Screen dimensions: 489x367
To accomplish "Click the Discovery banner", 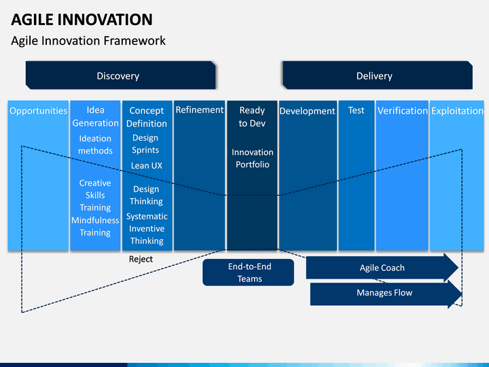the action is pos(120,75).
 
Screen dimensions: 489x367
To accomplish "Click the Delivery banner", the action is pos(378,75).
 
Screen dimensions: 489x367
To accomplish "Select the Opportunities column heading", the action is pos(38,111).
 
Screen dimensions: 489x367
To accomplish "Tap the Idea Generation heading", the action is pos(96,116).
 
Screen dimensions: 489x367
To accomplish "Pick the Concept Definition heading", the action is pos(147,117).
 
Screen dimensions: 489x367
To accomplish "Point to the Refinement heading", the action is pos(200,110).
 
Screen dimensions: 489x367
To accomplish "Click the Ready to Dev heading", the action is pos(252,117).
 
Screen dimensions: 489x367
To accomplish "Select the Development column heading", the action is pos(307,111).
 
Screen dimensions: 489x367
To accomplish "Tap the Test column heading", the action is pos(356,110).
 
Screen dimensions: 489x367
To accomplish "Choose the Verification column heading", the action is pos(402,111).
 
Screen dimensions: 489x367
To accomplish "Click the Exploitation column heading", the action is pos(457,111).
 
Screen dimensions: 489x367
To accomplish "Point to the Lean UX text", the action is pos(147,165).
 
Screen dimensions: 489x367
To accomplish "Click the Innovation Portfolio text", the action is pos(252,158).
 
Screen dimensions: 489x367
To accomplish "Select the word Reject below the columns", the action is pos(141,259).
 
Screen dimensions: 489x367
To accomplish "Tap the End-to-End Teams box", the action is pos(249,272).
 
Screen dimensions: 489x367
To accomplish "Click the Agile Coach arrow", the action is pos(382,268).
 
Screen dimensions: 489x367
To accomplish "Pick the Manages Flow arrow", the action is pos(386,293).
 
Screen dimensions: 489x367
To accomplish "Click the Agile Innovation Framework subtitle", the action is pos(88,41).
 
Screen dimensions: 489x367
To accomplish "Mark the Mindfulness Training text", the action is pos(95,226).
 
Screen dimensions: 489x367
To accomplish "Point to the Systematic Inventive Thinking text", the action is pos(147,229).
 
